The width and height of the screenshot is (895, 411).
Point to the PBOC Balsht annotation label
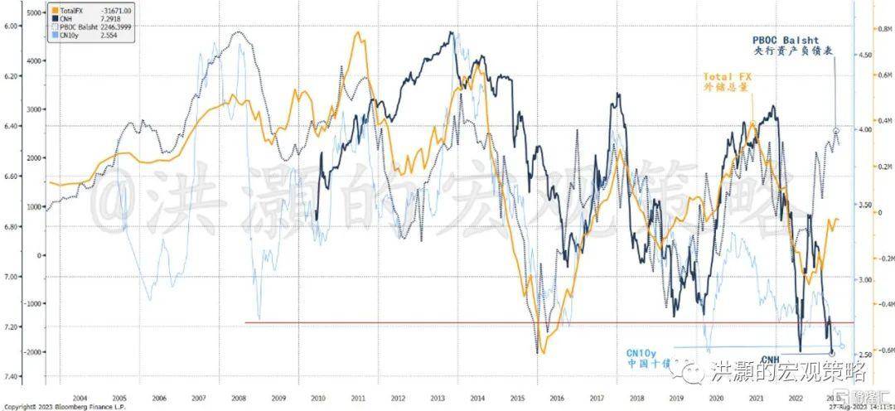tap(786, 40)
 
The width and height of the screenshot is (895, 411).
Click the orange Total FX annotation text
tap(728, 77)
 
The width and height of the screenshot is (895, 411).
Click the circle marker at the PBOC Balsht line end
tap(835, 131)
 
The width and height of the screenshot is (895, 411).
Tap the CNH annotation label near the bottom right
tap(771, 358)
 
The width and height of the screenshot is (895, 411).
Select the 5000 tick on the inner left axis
tap(35, 14)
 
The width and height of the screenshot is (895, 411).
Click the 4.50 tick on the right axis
tap(862, 56)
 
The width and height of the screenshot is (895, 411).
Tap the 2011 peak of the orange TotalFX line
tap(358, 33)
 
